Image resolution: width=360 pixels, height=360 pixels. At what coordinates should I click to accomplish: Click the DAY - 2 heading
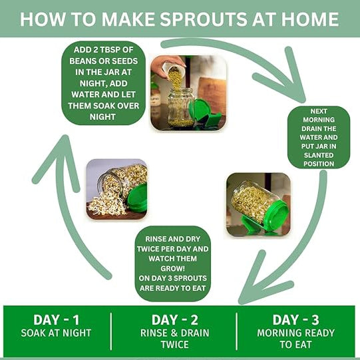coord(174,319)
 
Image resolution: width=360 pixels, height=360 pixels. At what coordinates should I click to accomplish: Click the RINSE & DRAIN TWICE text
coord(174,338)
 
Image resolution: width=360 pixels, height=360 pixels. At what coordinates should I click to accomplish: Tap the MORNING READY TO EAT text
coord(297,338)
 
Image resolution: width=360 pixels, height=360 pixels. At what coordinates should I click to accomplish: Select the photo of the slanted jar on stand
coord(258,204)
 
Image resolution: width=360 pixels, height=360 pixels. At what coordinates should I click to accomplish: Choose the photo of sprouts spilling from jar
coord(117,189)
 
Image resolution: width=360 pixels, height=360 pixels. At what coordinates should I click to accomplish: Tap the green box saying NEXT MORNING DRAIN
coord(319,137)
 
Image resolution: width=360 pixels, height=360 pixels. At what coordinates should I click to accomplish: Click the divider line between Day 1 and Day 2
coord(110,331)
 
